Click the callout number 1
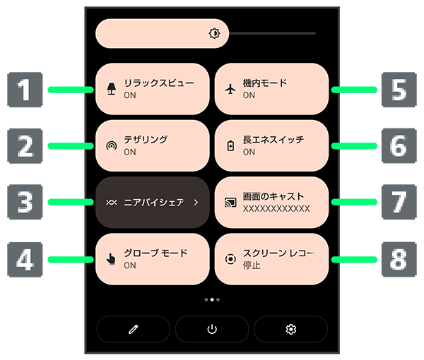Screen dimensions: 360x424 click(24, 90)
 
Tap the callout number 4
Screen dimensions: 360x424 click(24, 259)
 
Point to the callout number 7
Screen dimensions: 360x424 click(399, 203)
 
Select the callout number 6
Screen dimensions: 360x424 click(399, 146)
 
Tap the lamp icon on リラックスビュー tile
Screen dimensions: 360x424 click(111, 89)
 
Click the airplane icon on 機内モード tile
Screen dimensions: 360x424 click(230, 89)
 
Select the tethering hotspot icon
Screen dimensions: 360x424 click(111, 146)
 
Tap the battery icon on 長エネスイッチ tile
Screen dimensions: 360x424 click(230, 146)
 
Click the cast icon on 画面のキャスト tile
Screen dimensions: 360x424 click(230, 203)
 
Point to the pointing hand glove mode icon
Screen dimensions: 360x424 click(111, 259)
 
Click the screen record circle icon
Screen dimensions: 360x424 click(230, 259)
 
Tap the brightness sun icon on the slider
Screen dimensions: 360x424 click(215, 33)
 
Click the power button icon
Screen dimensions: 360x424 click(211, 329)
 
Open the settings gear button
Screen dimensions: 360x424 click(290, 329)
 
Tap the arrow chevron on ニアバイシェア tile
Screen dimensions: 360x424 click(196, 203)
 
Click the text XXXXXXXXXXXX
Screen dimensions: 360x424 click(276, 209)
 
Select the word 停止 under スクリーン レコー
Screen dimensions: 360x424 click(252, 265)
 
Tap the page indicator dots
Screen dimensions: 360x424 click(211, 299)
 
